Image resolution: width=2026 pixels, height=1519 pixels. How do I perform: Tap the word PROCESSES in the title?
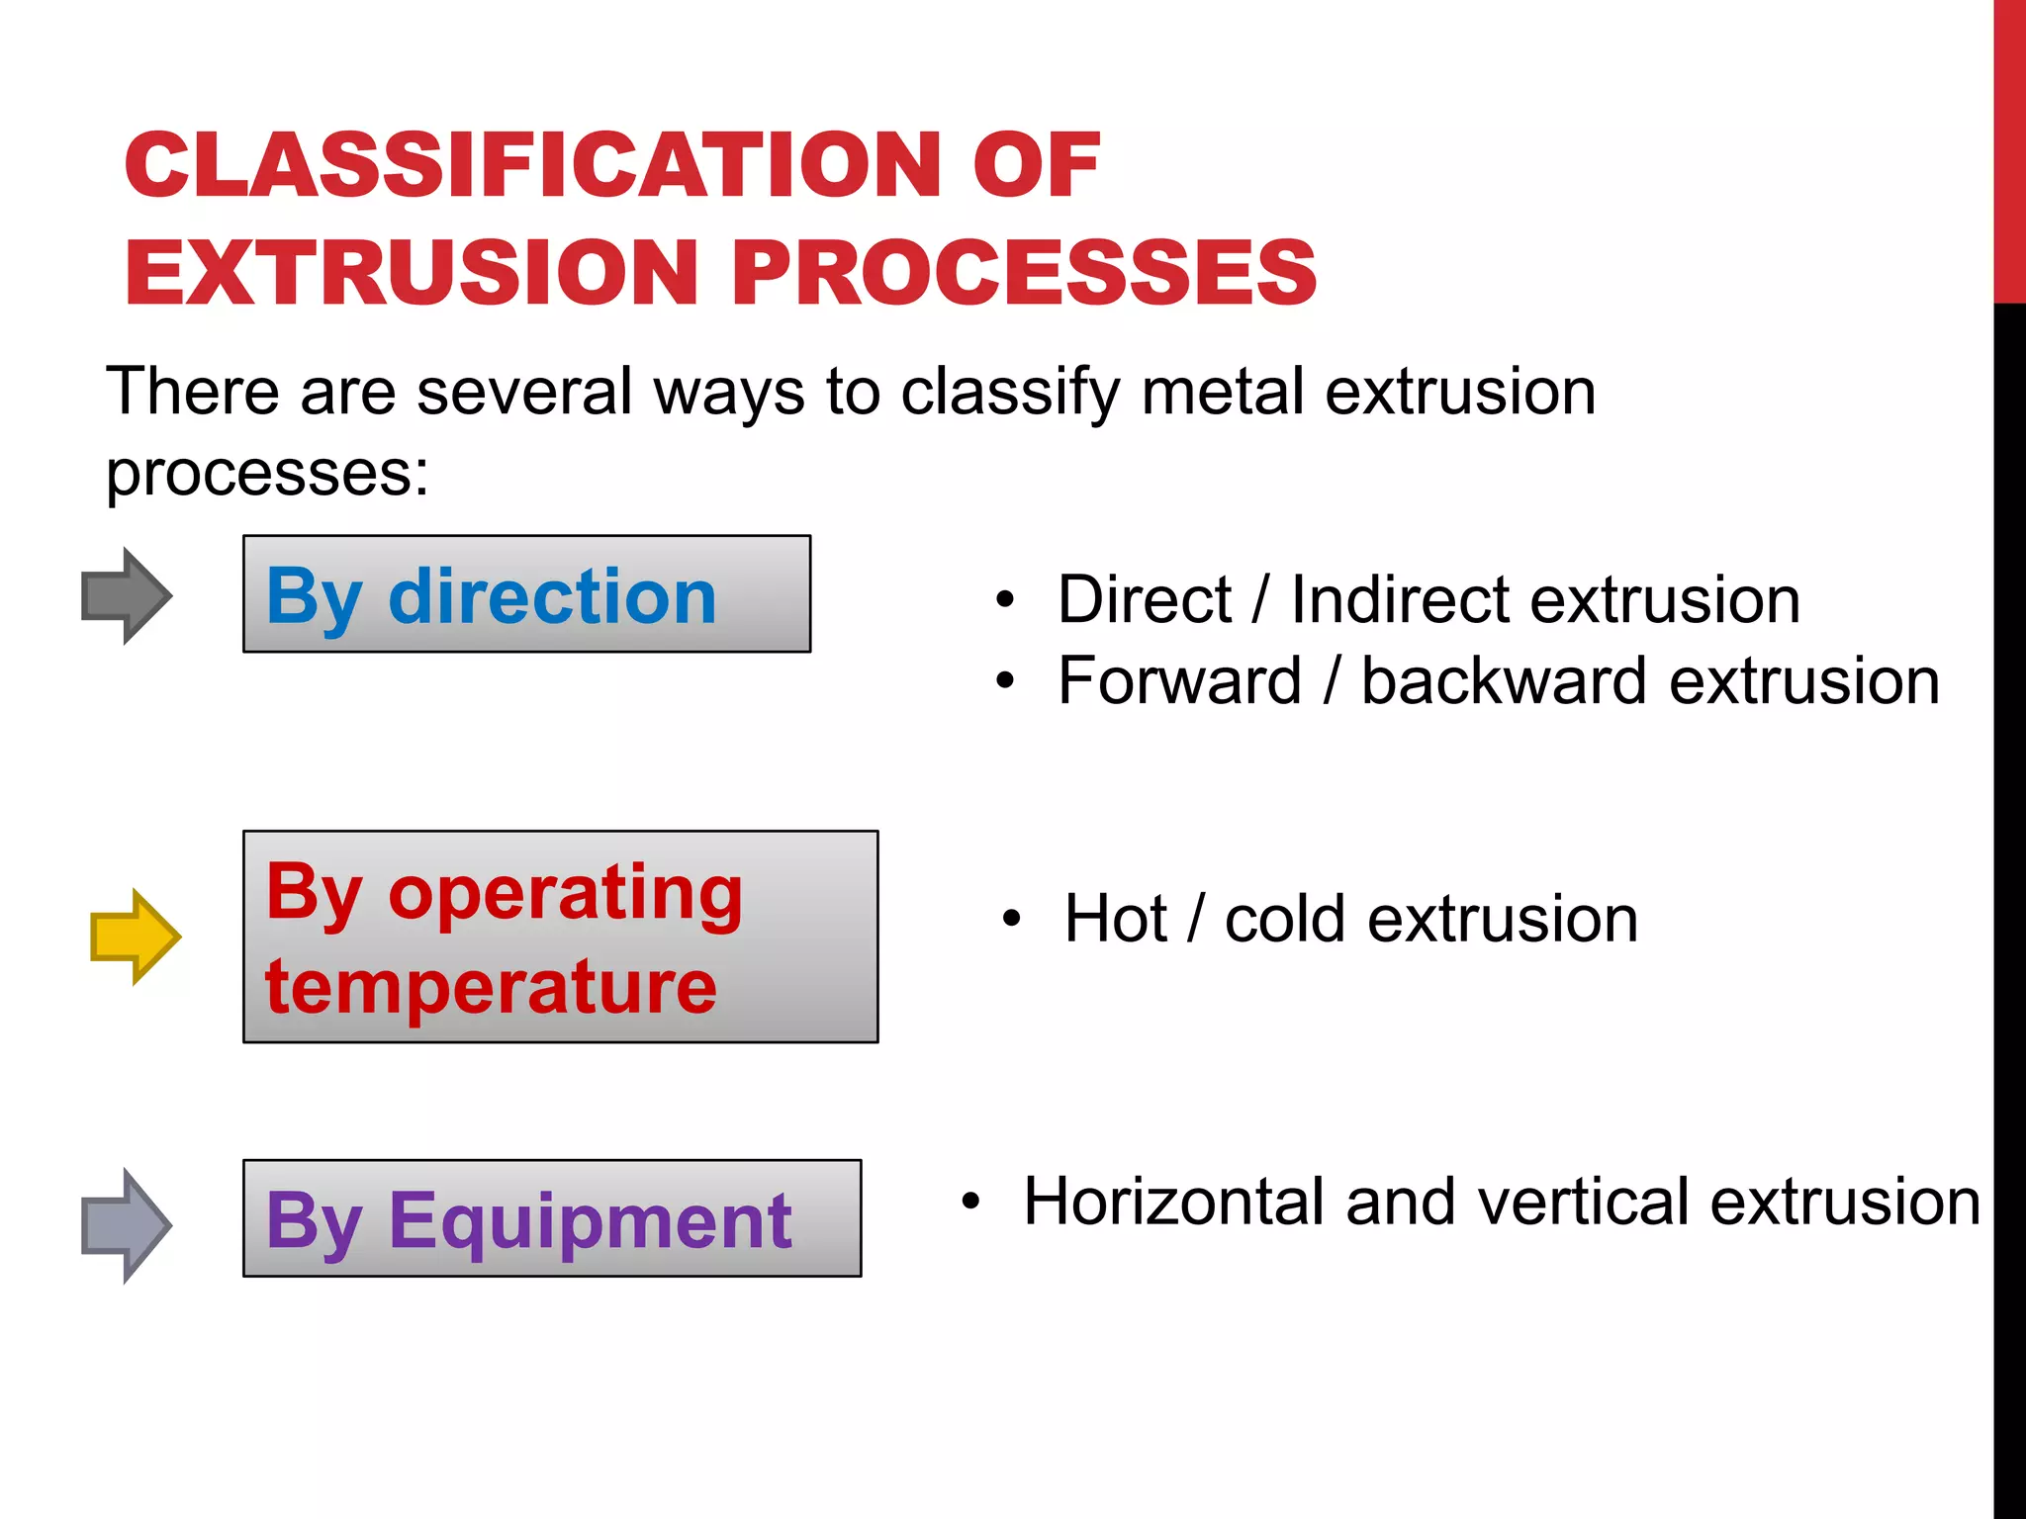(1024, 272)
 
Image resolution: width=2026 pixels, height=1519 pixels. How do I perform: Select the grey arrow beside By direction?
(126, 595)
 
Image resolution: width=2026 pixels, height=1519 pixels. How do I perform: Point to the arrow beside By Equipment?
(126, 1225)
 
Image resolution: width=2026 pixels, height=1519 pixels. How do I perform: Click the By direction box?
(526, 593)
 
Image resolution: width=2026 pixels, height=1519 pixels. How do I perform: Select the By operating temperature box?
(560, 936)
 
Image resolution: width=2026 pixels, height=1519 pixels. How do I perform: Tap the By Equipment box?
(551, 1217)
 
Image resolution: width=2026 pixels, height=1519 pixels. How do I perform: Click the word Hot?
(1115, 919)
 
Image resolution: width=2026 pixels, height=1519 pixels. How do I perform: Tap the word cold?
(1284, 919)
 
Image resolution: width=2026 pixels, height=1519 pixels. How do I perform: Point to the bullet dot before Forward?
(1005, 680)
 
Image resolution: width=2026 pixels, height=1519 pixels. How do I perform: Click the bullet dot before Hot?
(1010, 919)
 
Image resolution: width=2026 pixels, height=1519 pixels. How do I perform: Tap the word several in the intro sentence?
(524, 392)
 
